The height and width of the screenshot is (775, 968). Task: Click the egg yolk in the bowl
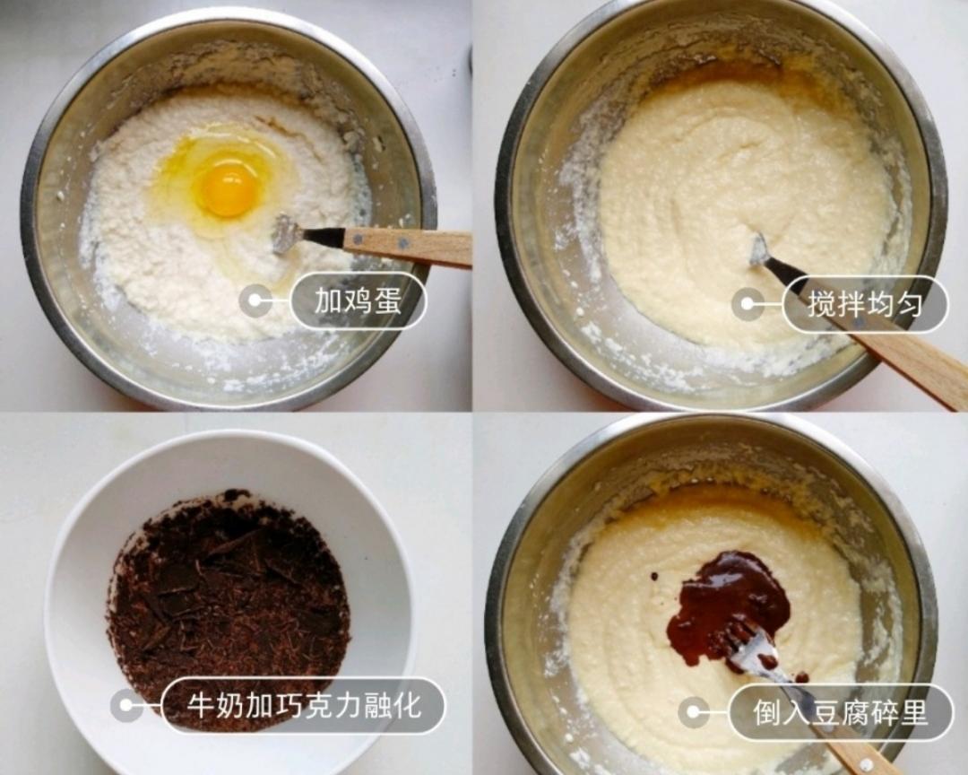228,189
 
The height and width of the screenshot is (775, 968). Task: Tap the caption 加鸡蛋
357,301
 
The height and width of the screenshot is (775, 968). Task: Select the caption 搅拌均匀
864,304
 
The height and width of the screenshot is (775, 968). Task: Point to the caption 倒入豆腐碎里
840,712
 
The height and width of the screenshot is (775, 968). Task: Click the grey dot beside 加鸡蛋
255,301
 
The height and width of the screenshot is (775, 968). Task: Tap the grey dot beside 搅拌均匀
748,304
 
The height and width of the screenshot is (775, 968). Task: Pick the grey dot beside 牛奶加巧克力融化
126,705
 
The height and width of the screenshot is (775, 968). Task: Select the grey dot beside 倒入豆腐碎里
694,712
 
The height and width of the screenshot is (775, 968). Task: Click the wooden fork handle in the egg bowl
412,245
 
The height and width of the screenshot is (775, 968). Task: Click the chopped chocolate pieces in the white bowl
229,592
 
